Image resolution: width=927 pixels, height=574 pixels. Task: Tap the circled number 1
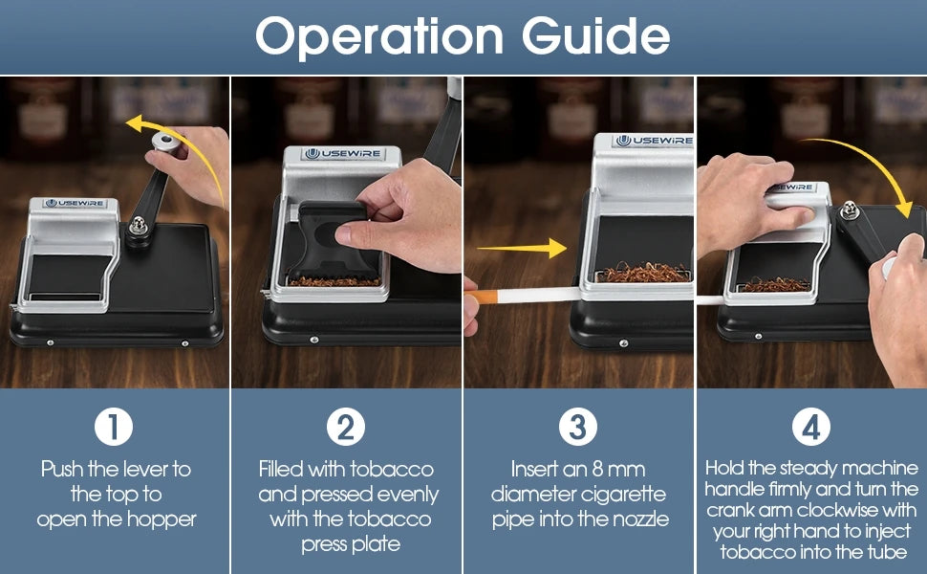point(114,427)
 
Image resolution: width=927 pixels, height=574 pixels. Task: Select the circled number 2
point(346,427)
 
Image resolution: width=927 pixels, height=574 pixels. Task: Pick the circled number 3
point(577,427)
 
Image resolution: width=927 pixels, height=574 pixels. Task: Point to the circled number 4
point(811,427)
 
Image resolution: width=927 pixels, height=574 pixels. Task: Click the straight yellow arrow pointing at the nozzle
point(522,248)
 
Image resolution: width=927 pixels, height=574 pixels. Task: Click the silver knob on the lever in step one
point(166,142)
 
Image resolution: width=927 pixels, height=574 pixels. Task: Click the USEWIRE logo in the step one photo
point(75,203)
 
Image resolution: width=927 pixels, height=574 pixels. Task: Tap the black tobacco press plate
point(332,240)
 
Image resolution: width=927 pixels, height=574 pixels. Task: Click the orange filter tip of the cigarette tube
point(487,297)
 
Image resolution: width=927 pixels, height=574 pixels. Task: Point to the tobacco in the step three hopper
point(643,273)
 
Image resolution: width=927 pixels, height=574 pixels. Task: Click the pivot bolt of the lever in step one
point(139,226)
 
